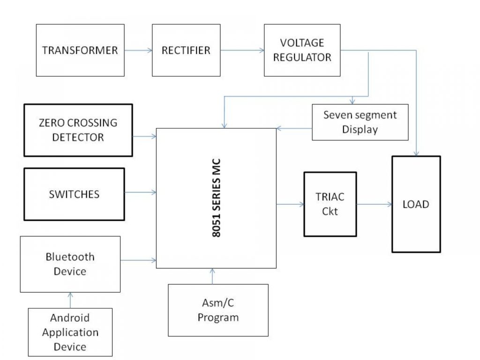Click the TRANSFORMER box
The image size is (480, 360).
click(x=80, y=50)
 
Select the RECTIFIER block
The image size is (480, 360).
click(x=186, y=50)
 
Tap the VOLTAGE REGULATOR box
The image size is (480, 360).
click(x=302, y=50)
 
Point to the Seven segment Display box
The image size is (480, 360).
click(x=360, y=122)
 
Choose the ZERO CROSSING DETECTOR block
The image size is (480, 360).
click(x=78, y=130)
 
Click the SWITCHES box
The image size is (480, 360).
click(x=74, y=194)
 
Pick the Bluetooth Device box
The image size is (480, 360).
click(x=70, y=264)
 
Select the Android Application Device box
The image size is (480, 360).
click(x=70, y=332)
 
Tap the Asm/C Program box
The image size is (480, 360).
click(x=218, y=310)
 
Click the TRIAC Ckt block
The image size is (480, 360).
click(x=330, y=204)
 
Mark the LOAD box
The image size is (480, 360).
click(x=416, y=204)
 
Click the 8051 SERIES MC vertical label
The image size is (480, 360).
click(x=217, y=198)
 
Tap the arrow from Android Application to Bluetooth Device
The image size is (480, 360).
click(x=70, y=300)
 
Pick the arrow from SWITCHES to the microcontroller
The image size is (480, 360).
click(x=140, y=192)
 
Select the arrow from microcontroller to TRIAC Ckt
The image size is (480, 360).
click(x=290, y=204)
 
